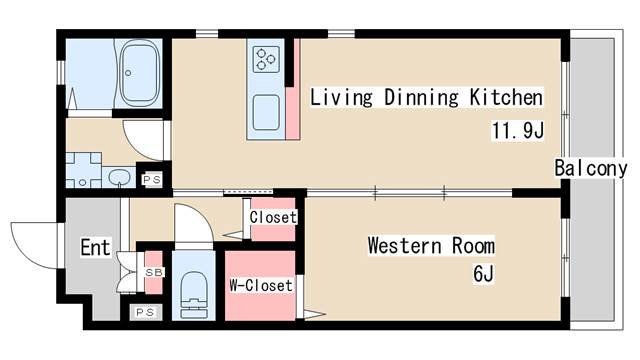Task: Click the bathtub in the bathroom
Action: pyautogui.click(x=140, y=73)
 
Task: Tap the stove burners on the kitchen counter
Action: pyautogui.click(x=266, y=60)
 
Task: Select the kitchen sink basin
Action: pyautogui.click(x=266, y=112)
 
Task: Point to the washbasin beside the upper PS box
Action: pyautogui.click(x=120, y=177)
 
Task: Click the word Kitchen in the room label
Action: pyautogui.click(x=507, y=97)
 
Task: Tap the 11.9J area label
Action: pyautogui.click(x=518, y=131)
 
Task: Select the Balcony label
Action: pyautogui.click(x=590, y=168)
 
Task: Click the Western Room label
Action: pyautogui.click(x=431, y=245)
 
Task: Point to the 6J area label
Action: pyautogui.click(x=484, y=273)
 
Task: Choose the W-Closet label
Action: pyautogui.click(x=261, y=285)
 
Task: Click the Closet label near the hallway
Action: pyautogui.click(x=273, y=217)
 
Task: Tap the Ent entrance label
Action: pyautogui.click(x=95, y=247)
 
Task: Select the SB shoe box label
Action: pyautogui.click(x=154, y=272)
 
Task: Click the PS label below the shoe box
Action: pyautogui.click(x=145, y=312)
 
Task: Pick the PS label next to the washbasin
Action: pyautogui.click(x=152, y=179)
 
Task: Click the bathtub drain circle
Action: pyautogui.click(x=128, y=73)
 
